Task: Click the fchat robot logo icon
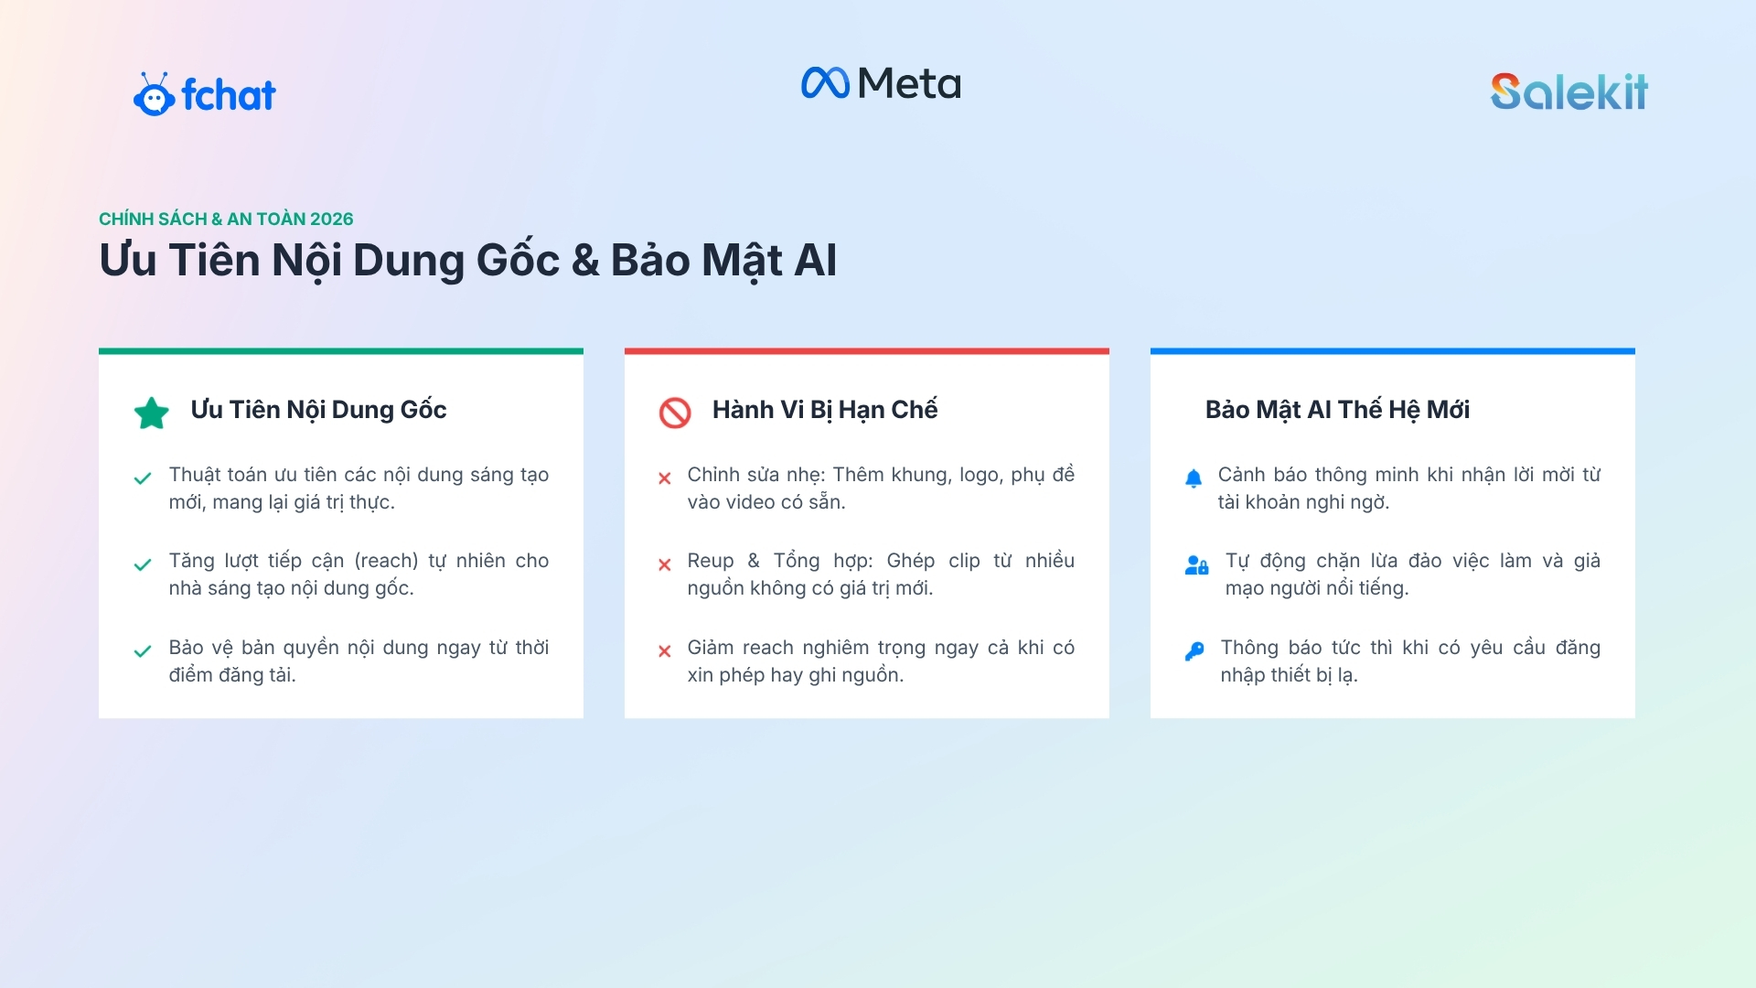pos(154,94)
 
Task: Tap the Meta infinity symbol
pos(826,83)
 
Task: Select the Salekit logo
pos(1569,91)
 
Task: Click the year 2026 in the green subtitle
pos(331,219)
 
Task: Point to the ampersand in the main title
pos(585,260)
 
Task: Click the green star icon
pos(152,413)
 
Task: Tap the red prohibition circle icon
pos(675,413)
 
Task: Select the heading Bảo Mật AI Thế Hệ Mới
pos(1337,409)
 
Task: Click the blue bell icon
pos(1194,478)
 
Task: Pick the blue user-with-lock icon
pos(1196,564)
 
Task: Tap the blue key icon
pos(1194,650)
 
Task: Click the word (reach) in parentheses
pos(386,561)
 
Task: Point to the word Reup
pos(711,561)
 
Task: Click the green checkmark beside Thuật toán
pos(143,478)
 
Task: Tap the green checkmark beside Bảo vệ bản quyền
pos(143,651)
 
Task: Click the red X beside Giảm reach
pos(665,651)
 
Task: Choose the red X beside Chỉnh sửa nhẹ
pos(665,478)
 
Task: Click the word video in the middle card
pos(750,501)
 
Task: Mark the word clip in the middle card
pos(964,561)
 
